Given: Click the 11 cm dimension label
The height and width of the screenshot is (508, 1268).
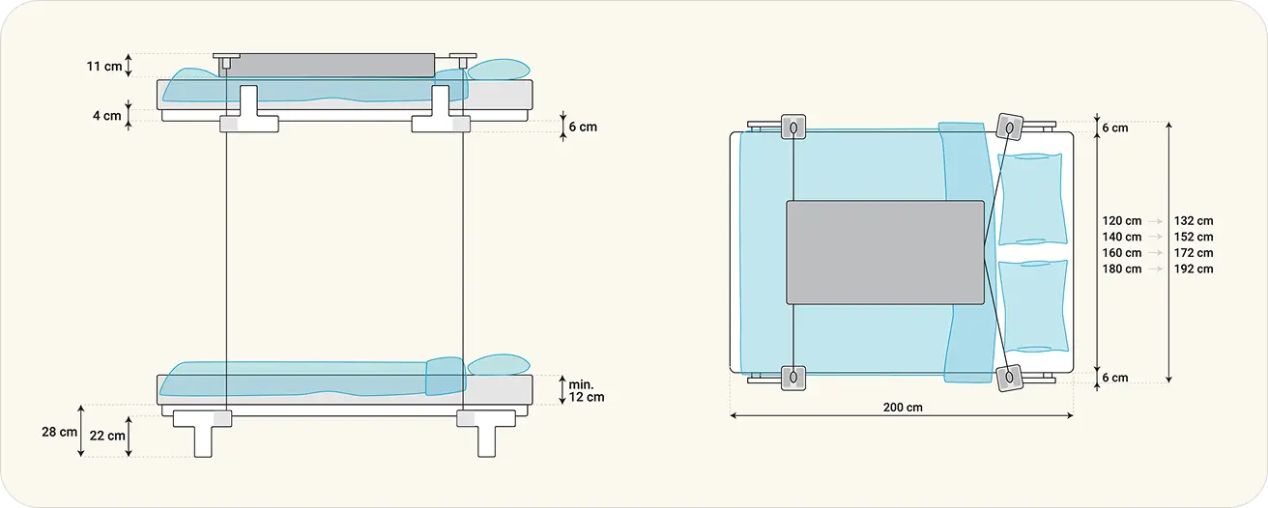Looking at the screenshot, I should (x=104, y=67).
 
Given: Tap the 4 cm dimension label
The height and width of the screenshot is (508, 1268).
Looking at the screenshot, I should (x=106, y=116).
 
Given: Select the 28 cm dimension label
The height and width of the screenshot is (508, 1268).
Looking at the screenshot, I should (x=59, y=432).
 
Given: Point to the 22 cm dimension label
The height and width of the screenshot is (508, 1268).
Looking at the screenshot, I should (x=107, y=436).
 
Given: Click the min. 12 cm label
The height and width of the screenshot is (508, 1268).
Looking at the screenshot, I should (x=586, y=390).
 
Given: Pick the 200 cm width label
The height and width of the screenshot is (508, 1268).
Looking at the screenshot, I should (x=902, y=407).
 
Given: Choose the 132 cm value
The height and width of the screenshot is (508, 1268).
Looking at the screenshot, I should (x=1193, y=221).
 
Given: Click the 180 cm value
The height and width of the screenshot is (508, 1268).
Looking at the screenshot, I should (x=1121, y=268).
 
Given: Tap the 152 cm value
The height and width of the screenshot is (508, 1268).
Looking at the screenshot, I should (x=1193, y=237).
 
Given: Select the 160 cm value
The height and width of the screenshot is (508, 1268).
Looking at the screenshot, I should (x=1121, y=253).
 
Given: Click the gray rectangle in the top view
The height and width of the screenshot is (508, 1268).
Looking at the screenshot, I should (x=885, y=251).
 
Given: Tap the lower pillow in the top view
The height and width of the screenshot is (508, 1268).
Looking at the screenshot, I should (x=1031, y=304).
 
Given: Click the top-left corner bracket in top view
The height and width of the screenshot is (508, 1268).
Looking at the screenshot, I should (x=792, y=127).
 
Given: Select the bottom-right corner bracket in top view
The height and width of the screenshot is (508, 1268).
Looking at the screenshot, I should (x=1010, y=376).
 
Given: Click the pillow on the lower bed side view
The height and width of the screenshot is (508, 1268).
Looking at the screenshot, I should (x=499, y=366).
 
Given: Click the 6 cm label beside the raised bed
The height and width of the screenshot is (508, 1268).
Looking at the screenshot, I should (x=583, y=127).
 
